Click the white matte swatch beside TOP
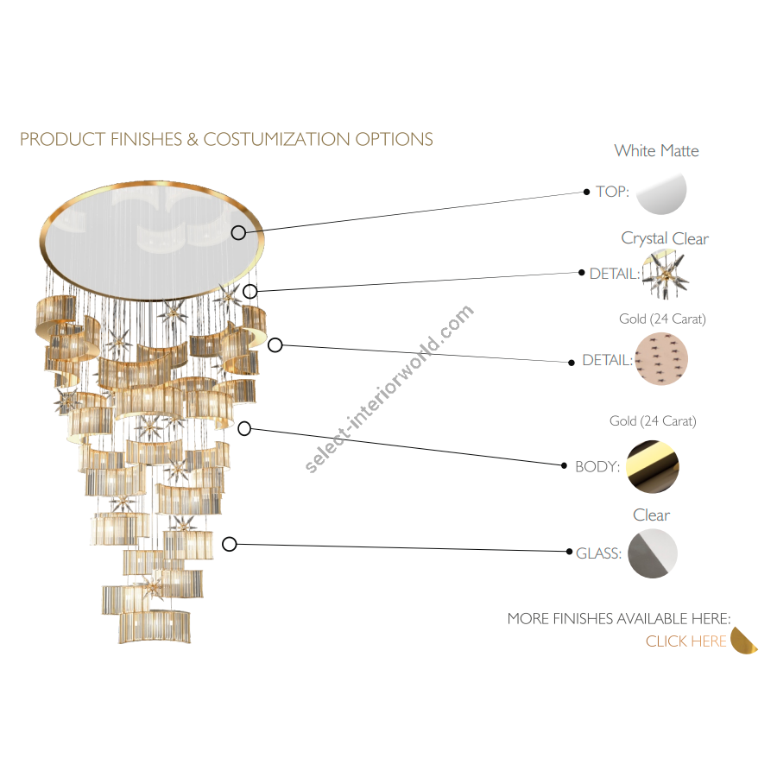pos(662,193)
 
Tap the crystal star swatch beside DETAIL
pos(666,274)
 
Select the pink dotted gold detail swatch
pos(661,359)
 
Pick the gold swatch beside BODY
pos(652,467)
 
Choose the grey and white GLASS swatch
pos(653,553)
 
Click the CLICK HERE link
pos(685,641)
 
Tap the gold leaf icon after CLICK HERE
pos(744,641)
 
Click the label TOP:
pos(612,192)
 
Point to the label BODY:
pos(597,467)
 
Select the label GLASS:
pos(598,553)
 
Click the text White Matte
pos(657,150)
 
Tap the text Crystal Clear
pos(665,239)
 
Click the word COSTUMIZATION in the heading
pos(277,139)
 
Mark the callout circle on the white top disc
pos(238,232)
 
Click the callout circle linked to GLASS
pos(229,544)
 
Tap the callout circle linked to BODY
pos(244,428)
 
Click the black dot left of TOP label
pos(587,192)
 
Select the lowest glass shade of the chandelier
pos(155,627)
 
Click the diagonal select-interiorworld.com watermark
pos(389,389)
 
